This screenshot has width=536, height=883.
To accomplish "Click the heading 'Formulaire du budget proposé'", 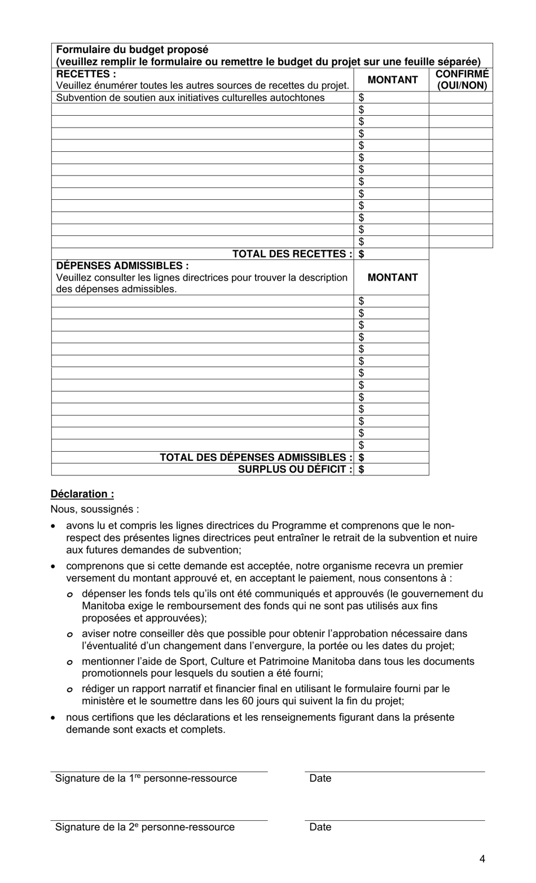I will tap(132, 50).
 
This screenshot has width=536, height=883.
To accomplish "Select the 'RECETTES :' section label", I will tap(86, 74).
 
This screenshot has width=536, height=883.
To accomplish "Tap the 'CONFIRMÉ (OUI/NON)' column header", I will tap(462, 80).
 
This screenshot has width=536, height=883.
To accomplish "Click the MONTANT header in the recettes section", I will tap(392, 80).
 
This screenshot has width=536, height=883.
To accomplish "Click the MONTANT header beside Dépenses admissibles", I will tap(392, 277).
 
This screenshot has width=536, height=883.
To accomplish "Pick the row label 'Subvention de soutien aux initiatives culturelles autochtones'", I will tap(190, 98).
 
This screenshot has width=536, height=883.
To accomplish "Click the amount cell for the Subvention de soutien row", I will tap(392, 98).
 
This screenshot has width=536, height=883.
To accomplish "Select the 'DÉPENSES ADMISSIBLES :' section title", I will tap(122, 265).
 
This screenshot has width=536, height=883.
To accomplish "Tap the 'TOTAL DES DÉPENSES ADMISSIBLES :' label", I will tap(256, 457).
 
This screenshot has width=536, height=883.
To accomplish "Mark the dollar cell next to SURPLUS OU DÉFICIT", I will tap(392, 469).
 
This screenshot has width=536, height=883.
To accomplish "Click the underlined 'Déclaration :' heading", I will tap(82, 494).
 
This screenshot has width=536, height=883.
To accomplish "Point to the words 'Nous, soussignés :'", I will tap(95, 509).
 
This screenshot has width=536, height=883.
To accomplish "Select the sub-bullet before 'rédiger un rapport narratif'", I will tap(69, 689).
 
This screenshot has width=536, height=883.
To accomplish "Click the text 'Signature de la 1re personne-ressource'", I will tap(146, 779).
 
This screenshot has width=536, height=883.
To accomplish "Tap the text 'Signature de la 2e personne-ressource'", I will tap(144, 827).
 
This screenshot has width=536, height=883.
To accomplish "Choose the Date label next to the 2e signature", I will tap(320, 827).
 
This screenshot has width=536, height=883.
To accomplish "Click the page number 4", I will tap(482, 859).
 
